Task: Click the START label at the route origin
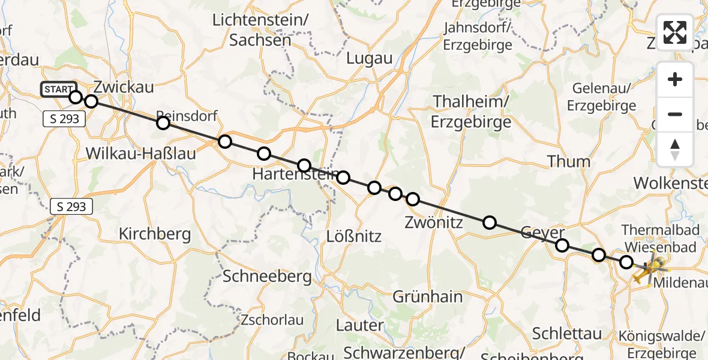coord(58,89)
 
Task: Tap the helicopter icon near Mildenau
coord(650,268)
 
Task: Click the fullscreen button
coord(675,32)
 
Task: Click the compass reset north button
coord(675,149)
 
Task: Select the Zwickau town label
coord(123,87)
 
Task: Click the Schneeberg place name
coord(267,277)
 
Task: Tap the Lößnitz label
coord(354,236)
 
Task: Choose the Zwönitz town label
coord(434,223)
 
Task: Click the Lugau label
coord(369,58)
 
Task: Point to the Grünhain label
coord(427,296)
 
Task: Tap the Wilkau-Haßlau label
coord(141,154)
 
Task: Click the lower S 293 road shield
coord(71,207)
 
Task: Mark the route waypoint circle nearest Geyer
coord(562,245)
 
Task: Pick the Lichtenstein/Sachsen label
coord(260,30)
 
